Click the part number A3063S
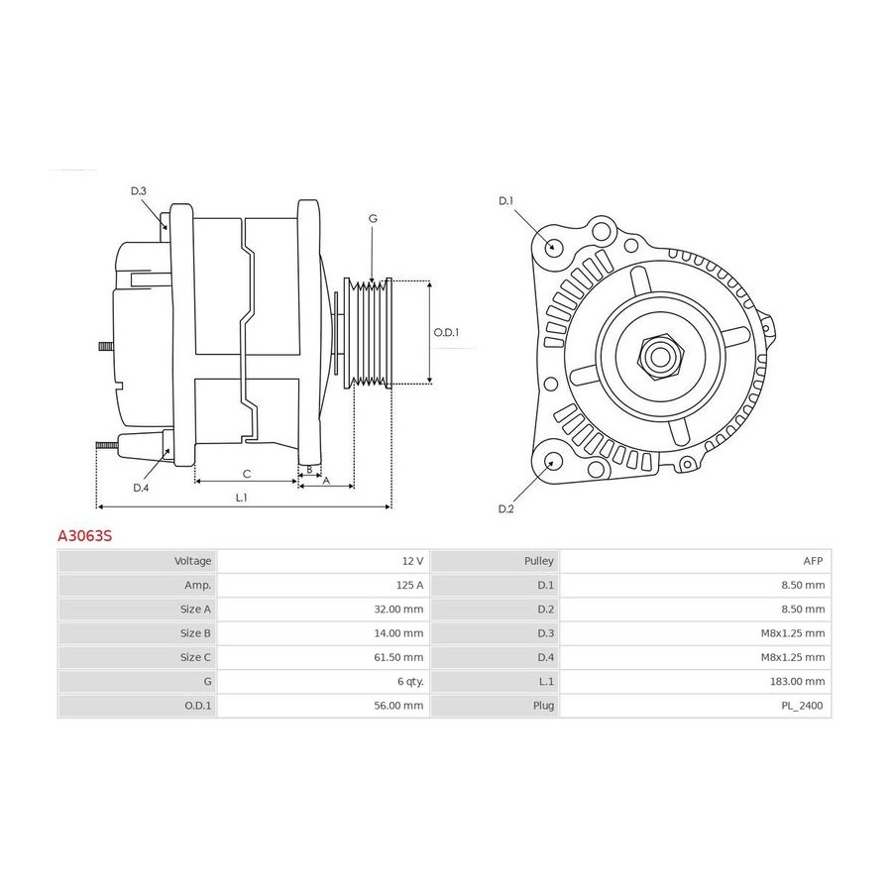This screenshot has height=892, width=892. pyautogui.click(x=84, y=535)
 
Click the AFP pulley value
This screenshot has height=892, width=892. pyautogui.click(x=814, y=561)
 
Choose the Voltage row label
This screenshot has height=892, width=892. pyautogui.click(x=192, y=561)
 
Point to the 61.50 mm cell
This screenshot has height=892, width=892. pyautogui.click(x=400, y=657)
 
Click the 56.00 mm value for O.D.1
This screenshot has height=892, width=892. pyautogui.click(x=400, y=706)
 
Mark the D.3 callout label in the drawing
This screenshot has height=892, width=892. pyautogui.click(x=138, y=190)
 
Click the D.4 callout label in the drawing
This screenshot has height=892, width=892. pyautogui.click(x=141, y=487)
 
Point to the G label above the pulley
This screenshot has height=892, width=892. pyautogui.click(x=372, y=218)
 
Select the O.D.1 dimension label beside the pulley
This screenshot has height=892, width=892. pyautogui.click(x=447, y=333)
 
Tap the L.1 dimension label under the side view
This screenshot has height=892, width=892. pyautogui.click(x=241, y=497)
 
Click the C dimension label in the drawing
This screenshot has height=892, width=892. pyautogui.click(x=246, y=473)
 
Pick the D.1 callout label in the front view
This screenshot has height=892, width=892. pyautogui.click(x=505, y=201)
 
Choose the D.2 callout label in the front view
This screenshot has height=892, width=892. pyautogui.click(x=505, y=508)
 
